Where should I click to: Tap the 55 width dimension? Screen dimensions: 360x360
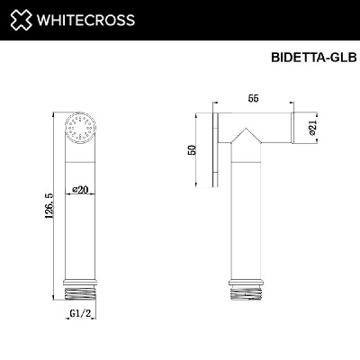[x=256, y=97]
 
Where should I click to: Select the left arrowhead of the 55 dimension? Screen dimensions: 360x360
[x=219, y=106]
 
